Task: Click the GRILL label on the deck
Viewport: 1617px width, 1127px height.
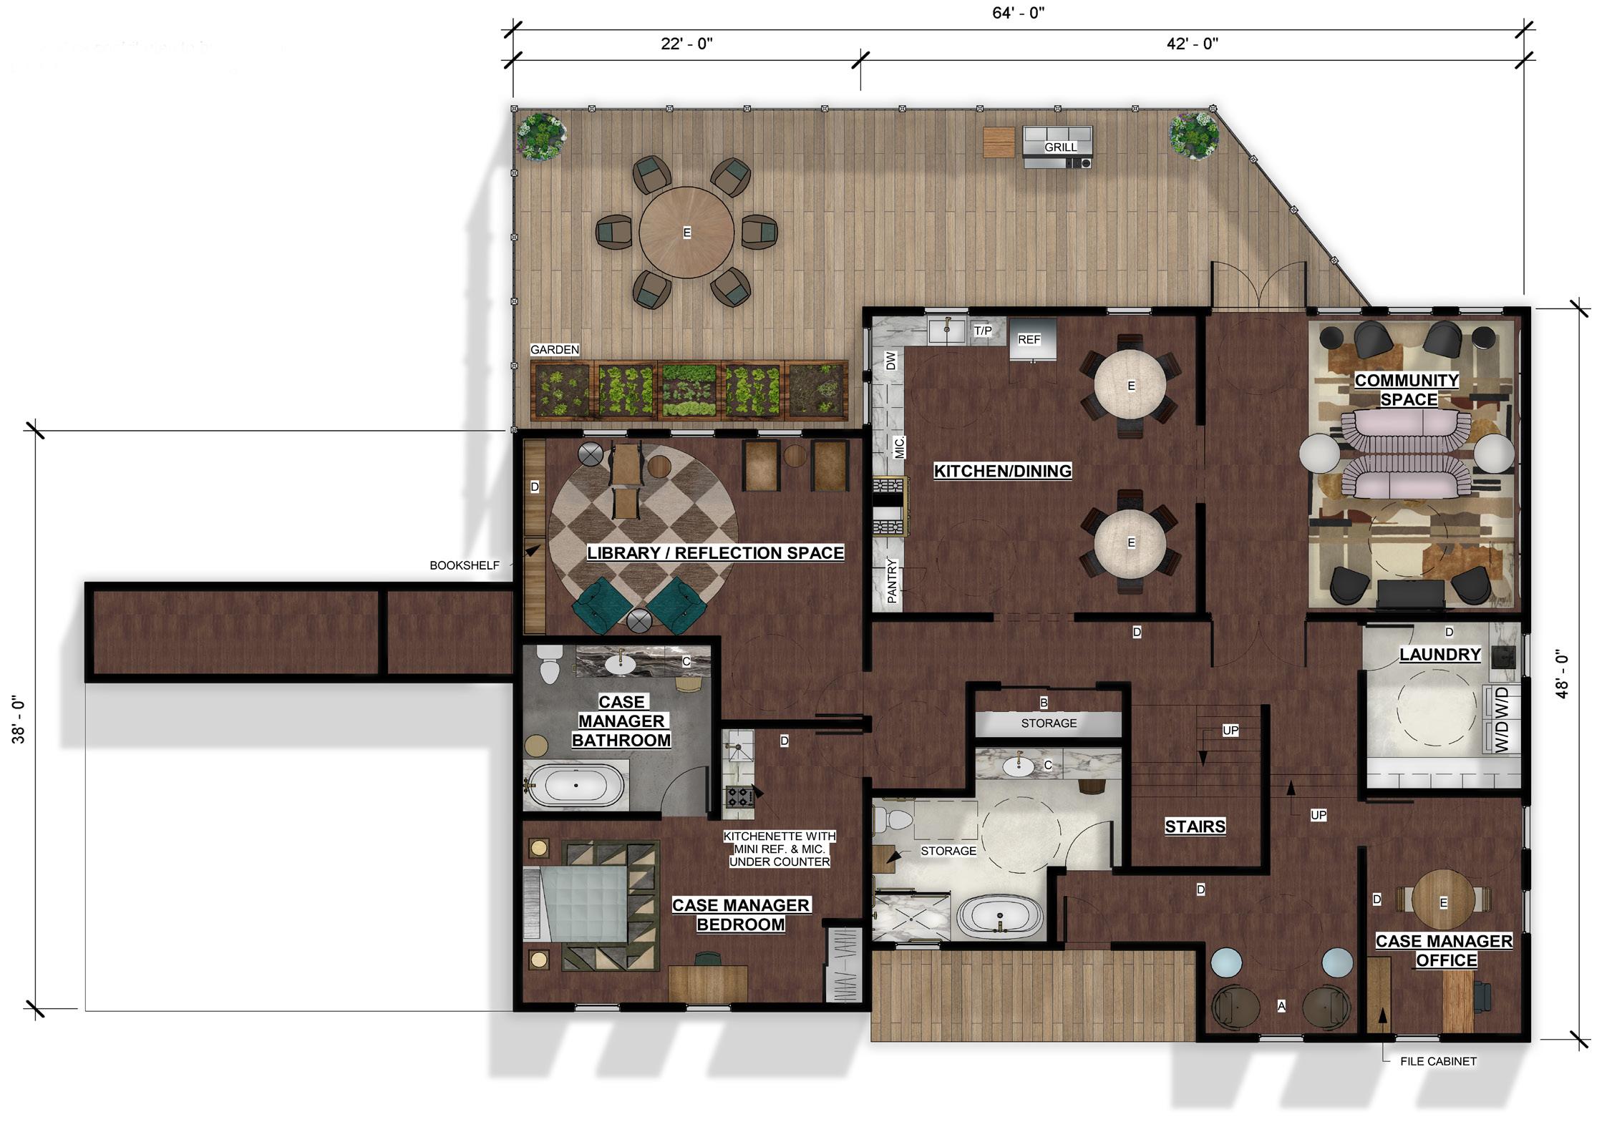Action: click(1060, 147)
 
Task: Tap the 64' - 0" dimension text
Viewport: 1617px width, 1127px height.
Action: click(1018, 14)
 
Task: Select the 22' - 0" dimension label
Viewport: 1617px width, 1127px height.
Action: click(686, 44)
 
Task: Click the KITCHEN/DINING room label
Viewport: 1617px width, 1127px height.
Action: click(1003, 471)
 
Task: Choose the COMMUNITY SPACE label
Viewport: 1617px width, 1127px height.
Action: click(1407, 390)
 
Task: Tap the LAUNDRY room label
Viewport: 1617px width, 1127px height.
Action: click(1440, 655)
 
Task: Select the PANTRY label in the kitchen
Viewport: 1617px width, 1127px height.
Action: click(892, 580)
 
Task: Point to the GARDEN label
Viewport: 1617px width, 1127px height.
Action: click(555, 350)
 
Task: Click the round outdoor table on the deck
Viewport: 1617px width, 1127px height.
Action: click(686, 233)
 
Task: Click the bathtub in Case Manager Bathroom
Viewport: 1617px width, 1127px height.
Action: click(576, 786)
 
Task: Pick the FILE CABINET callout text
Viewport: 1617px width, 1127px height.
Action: click(1438, 1061)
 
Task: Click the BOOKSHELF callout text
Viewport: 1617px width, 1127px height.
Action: click(464, 565)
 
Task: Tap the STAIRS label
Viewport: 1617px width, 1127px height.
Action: click(1195, 826)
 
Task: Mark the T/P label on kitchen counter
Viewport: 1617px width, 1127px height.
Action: click(983, 331)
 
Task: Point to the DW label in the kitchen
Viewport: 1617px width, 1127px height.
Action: click(890, 361)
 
